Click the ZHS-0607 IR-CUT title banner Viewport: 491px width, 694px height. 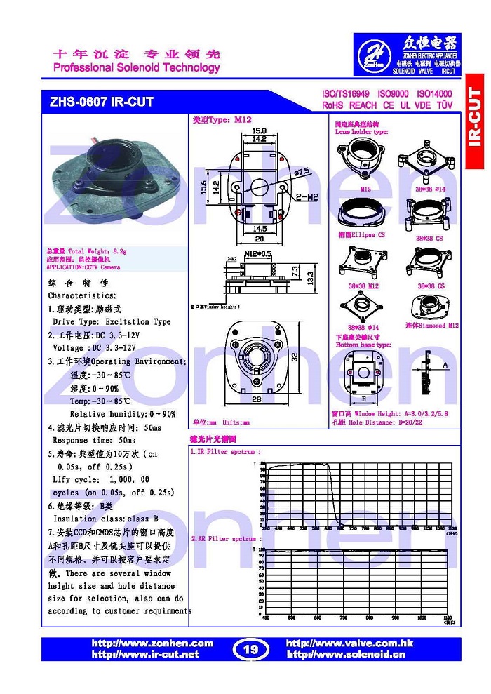coord(102,102)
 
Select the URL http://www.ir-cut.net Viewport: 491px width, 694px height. coord(145,654)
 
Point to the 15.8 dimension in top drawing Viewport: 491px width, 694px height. coord(239,131)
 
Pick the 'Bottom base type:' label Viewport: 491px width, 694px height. coord(363,345)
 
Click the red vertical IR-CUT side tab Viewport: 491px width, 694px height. coord(475,119)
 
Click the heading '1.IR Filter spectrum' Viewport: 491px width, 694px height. coord(225,452)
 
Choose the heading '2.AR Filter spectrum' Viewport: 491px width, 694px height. coord(225,538)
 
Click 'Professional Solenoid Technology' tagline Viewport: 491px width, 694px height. coord(137,68)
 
